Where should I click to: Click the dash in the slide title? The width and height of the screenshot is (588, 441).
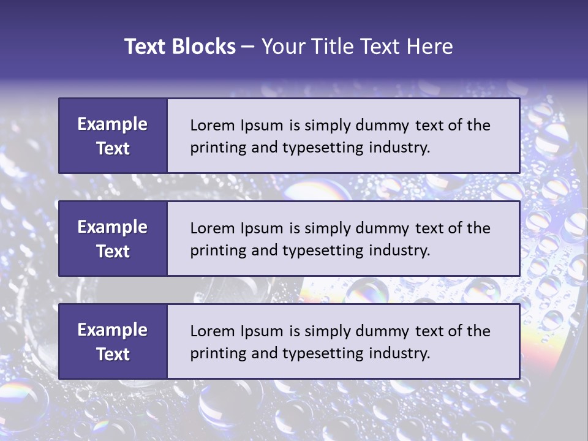click(x=248, y=47)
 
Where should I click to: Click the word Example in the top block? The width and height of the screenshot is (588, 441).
click(x=113, y=124)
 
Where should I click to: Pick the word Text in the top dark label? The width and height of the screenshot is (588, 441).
click(x=113, y=148)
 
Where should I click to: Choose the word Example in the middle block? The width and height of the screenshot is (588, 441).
click(x=113, y=227)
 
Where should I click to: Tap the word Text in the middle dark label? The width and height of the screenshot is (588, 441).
click(x=113, y=251)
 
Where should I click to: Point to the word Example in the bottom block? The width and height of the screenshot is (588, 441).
click(x=113, y=330)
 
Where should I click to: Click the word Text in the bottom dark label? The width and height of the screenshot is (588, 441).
click(x=113, y=354)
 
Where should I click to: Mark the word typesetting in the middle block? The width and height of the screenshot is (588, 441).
click(x=323, y=251)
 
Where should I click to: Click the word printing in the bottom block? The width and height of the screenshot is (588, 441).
click(x=214, y=353)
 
